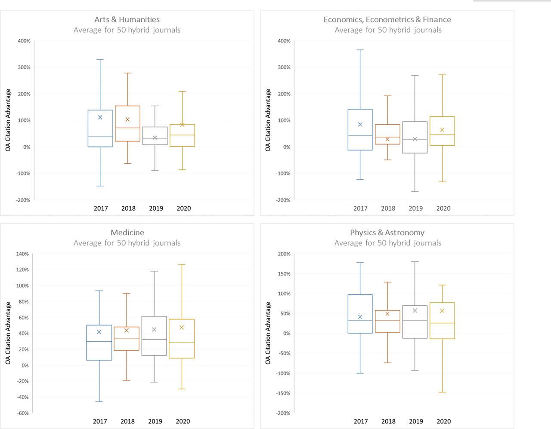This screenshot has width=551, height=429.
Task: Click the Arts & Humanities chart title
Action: (127, 19)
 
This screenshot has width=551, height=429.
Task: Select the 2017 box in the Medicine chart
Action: (99, 343)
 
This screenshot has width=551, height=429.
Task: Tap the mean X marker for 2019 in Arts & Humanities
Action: (155, 138)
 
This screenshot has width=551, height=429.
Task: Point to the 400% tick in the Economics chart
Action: (284, 41)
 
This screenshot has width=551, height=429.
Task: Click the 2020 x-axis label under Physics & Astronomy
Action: (443, 421)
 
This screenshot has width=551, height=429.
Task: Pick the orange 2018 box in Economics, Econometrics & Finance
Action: (388, 134)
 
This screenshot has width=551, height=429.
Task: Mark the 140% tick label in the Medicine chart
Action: (22, 254)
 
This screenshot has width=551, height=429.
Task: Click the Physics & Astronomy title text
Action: (387, 233)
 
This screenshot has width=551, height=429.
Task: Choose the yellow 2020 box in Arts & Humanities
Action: (182, 135)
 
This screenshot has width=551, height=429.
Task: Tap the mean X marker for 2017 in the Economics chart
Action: (360, 125)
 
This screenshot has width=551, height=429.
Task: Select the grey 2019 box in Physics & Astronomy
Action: (415, 322)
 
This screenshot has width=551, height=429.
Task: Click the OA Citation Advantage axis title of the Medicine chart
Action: (8, 333)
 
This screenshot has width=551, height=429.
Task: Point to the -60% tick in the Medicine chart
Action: (23, 413)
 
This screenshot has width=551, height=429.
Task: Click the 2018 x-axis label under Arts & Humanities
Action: (128, 208)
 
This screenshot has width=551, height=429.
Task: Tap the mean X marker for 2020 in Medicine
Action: (182, 328)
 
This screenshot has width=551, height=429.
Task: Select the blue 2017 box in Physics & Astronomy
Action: (360, 314)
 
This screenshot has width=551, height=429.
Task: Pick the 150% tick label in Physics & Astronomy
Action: (284, 274)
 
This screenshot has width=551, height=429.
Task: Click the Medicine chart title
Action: (127, 233)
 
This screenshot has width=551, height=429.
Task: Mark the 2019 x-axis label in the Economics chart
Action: (415, 208)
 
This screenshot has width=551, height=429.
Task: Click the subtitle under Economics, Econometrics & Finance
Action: (388, 30)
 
